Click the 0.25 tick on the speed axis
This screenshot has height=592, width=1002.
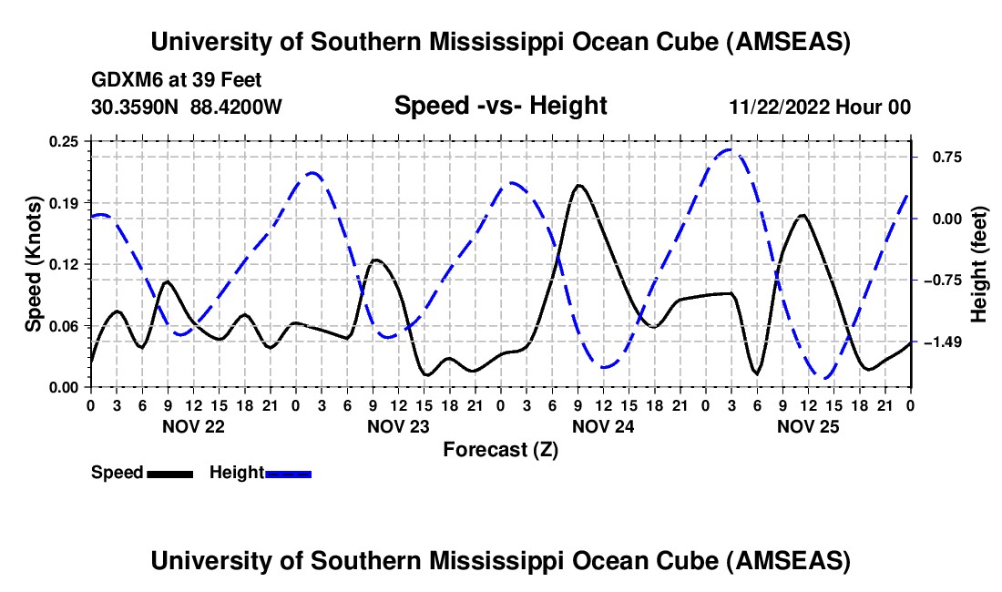[66, 140]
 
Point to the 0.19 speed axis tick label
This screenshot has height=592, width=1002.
[66, 202]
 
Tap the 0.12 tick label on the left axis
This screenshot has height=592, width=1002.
[66, 264]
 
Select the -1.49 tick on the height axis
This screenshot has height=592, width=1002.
[939, 342]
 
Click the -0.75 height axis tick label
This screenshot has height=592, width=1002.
[939, 280]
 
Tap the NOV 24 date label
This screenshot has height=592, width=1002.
[602, 426]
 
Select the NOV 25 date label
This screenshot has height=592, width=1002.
[807, 426]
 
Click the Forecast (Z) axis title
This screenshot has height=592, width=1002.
[500, 449]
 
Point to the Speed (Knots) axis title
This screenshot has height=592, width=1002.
[33, 263]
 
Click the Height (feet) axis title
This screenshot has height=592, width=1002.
[979, 263]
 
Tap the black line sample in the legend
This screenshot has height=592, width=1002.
[169, 473]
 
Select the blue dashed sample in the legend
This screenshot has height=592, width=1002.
[289, 473]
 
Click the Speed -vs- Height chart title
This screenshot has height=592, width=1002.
[500, 106]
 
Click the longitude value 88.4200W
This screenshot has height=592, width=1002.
[236, 107]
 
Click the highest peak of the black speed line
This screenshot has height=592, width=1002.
[578, 185]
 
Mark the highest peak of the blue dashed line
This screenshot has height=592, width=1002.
[730, 149]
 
